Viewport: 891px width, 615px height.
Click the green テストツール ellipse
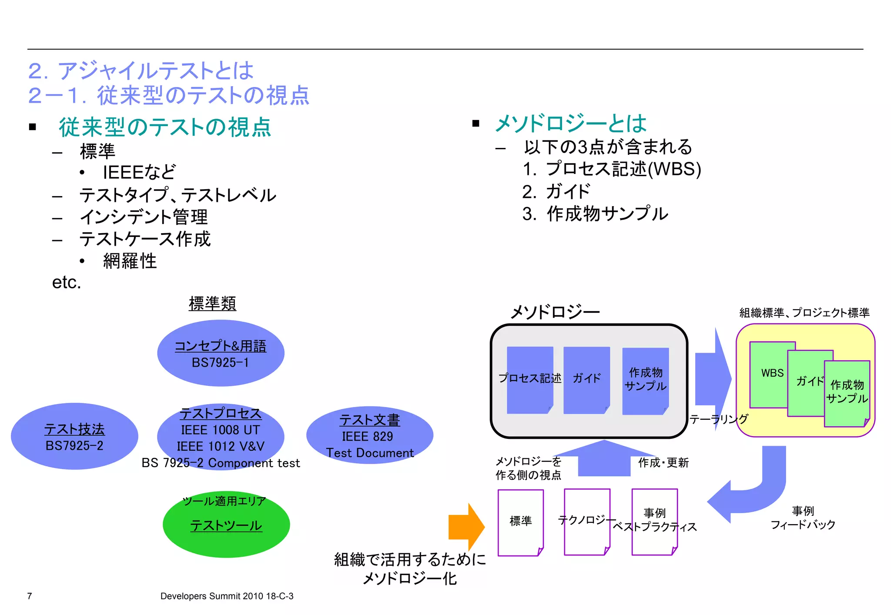[x=226, y=525]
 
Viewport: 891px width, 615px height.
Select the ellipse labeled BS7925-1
[x=221, y=354]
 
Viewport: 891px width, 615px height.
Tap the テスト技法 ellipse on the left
[x=74, y=436]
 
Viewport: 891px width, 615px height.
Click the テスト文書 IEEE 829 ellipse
[x=369, y=435]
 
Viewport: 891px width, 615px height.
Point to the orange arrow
[x=466, y=527]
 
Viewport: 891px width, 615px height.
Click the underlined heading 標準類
[x=212, y=304]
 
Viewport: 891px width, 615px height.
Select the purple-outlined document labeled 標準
[x=520, y=522]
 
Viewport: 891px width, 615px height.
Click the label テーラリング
[x=719, y=419]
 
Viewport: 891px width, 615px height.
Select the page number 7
[x=30, y=596]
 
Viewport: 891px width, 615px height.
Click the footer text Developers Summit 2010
[x=227, y=596]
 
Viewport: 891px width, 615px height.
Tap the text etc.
[x=67, y=282]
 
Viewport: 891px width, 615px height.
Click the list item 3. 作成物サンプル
[x=595, y=214]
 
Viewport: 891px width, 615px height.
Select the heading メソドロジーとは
[x=570, y=124]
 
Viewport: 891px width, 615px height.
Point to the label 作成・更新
[x=663, y=463]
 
